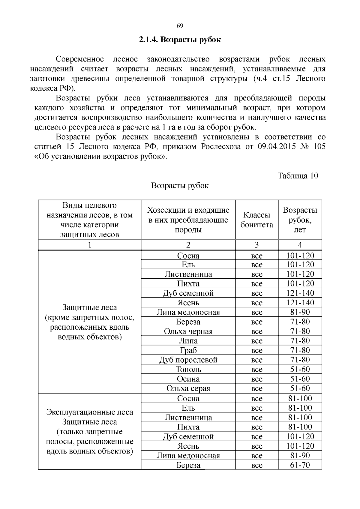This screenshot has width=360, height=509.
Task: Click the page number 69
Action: point(180,25)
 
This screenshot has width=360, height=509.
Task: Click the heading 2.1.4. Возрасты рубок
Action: point(180,40)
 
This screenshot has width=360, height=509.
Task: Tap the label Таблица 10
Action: point(298,175)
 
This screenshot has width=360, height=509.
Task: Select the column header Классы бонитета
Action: point(257,220)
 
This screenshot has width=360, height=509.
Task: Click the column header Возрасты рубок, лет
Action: point(300,220)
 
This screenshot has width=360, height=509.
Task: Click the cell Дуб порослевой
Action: point(188,360)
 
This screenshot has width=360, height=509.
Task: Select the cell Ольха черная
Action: point(188,331)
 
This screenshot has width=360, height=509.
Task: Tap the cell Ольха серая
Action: point(188,388)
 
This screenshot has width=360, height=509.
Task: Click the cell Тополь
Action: point(188,369)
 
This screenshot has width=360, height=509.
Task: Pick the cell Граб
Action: point(188,350)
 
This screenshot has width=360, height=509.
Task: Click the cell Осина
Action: point(188,379)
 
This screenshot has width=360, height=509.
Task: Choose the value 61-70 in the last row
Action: point(300,465)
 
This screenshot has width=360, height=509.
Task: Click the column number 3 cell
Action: point(257,245)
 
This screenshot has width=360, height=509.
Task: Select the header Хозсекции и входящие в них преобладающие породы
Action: point(188,220)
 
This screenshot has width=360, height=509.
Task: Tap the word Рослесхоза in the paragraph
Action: point(220,147)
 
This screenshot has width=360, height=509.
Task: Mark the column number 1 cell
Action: point(89,245)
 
